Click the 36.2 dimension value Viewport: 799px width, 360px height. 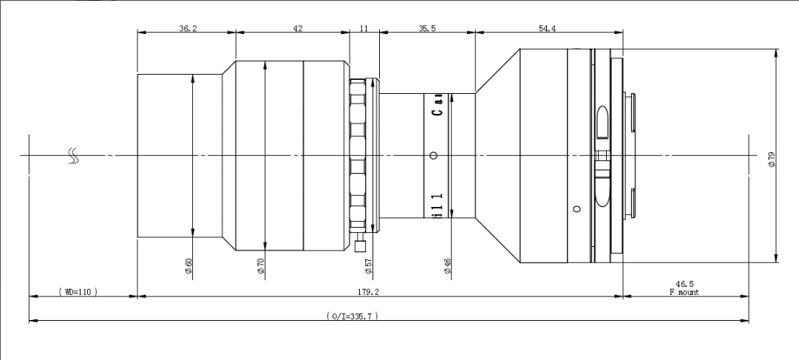click(x=188, y=29)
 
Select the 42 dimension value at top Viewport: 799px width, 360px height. click(x=298, y=29)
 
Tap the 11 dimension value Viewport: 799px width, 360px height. click(x=364, y=29)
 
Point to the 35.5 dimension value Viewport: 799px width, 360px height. click(x=427, y=29)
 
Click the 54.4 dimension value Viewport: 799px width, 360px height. click(x=547, y=29)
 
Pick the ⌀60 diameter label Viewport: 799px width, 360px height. click(x=188, y=266)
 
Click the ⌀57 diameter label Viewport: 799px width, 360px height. click(x=369, y=266)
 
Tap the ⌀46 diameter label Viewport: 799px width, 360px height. click(x=447, y=266)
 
